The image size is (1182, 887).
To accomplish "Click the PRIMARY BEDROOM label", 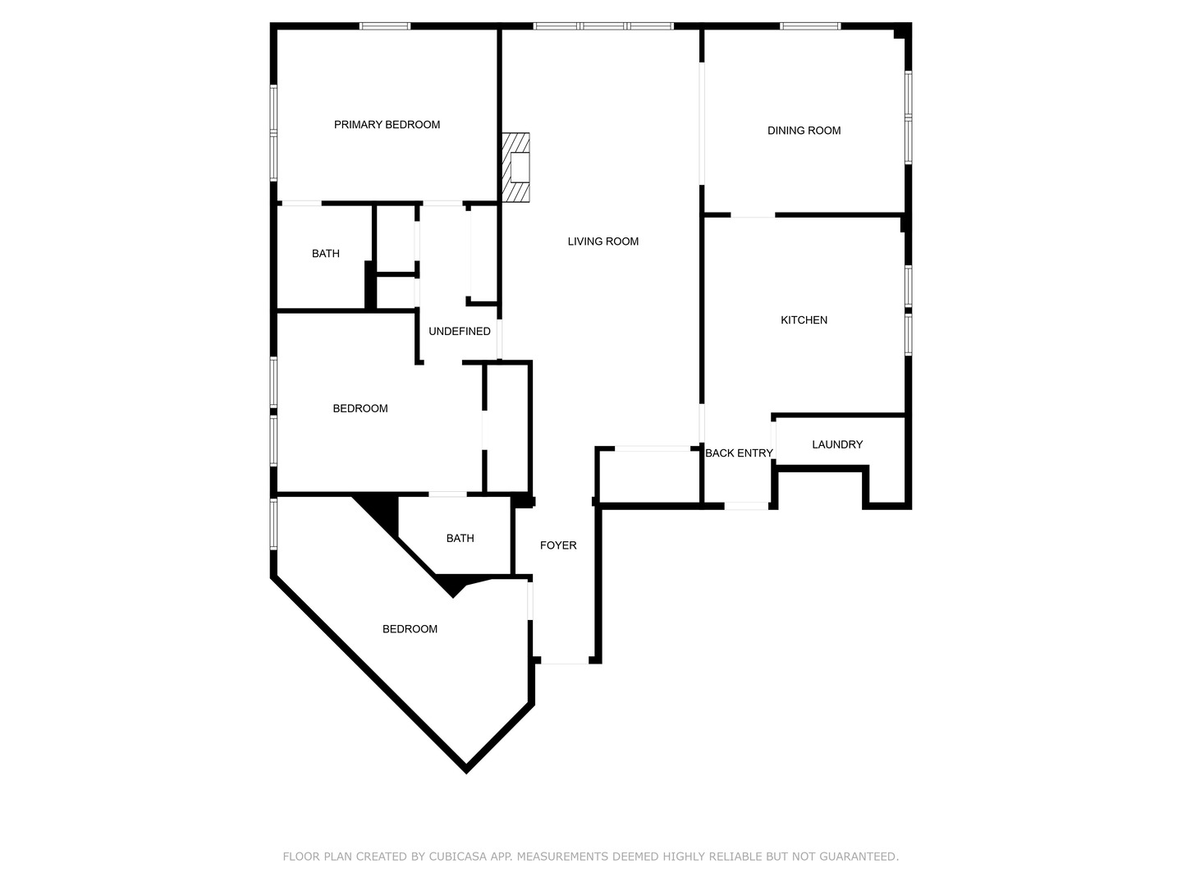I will (x=387, y=125).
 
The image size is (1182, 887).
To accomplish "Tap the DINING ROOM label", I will (x=804, y=131).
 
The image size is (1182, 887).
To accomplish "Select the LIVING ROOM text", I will (x=602, y=241).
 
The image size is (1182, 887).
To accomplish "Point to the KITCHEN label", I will (x=804, y=320).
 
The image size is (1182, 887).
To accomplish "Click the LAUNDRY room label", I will (x=837, y=444).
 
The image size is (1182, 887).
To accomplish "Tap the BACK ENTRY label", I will (x=739, y=453).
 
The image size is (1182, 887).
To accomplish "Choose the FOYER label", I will (x=558, y=545).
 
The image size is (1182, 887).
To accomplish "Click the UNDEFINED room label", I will (x=459, y=332).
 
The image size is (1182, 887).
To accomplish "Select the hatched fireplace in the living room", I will (x=516, y=168).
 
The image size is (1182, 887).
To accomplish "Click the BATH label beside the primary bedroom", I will (x=325, y=254).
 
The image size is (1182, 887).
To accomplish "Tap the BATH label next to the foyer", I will (x=460, y=539).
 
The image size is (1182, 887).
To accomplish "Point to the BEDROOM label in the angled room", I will (x=410, y=629).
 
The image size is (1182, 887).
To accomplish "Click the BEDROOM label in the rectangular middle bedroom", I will (x=360, y=409).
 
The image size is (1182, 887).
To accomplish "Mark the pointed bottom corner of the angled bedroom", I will (x=465, y=769).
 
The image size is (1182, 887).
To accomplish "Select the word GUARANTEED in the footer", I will (x=862, y=857).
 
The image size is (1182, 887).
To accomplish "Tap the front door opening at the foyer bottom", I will (x=565, y=662).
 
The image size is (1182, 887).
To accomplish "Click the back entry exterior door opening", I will (x=746, y=506).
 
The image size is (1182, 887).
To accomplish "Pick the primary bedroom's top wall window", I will (x=385, y=26).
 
